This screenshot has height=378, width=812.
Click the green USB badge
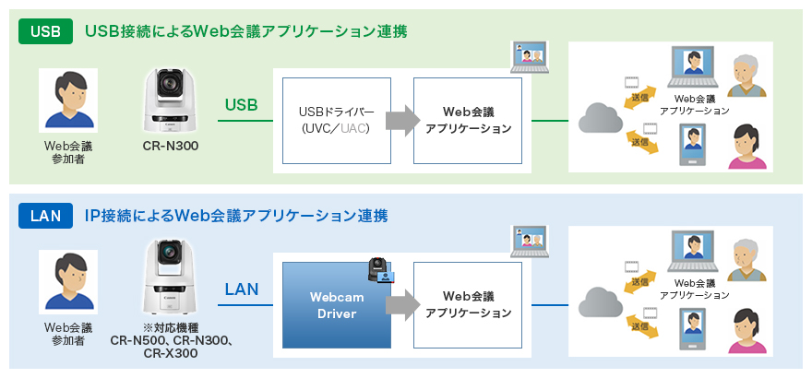(x=45, y=31)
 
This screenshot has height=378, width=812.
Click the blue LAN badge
(x=45, y=217)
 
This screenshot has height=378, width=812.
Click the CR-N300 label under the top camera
(x=171, y=146)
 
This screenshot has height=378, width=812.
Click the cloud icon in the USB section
(x=601, y=118)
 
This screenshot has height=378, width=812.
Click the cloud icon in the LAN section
(x=601, y=302)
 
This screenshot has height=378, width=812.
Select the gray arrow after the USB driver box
(x=399, y=120)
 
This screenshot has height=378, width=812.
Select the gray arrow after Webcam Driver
(x=399, y=306)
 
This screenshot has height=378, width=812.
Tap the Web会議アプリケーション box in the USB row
(x=468, y=119)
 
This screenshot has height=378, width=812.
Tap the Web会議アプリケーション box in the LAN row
(x=468, y=305)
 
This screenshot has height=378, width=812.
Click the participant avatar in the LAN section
(x=68, y=282)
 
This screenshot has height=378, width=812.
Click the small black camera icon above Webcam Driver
(x=378, y=270)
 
